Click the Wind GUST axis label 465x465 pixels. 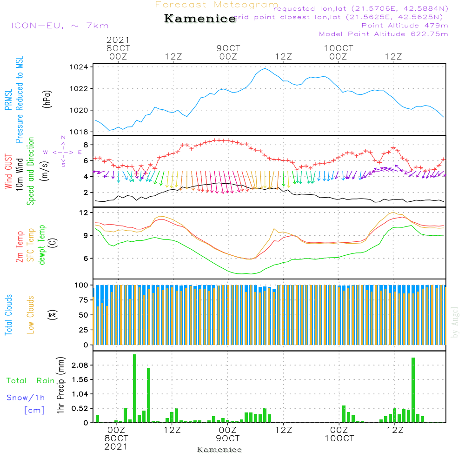[x=9, y=171]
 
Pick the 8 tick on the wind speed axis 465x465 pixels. [x=86, y=145]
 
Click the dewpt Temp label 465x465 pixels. [x=42, y=245]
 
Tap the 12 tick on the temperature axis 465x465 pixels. [x=84, y=213]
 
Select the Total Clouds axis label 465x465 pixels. [x=9, y=314]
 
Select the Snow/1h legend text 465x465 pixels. [x=26, y=398]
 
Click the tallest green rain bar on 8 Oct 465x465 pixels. [x=134, y=388]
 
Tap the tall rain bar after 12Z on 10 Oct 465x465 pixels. [x=413, y=390]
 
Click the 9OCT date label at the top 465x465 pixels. [x=228, y=48]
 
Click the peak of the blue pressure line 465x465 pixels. [x=265, y=69]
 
